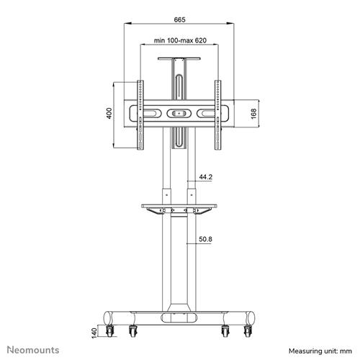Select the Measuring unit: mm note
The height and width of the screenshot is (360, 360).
pos(319,351)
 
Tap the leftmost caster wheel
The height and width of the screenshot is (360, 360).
pos(111,332)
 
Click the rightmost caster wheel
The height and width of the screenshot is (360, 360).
pos(249,332)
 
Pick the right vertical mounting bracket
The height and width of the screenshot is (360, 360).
pos(220,114)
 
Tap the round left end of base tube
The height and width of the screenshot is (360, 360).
pos(110,317)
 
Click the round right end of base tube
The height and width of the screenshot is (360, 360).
pos(250,317)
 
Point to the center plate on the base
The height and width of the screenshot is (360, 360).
pos(180,317)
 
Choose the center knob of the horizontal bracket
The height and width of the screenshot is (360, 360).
pos(180,114)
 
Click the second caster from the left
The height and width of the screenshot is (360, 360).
pos(133,332)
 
